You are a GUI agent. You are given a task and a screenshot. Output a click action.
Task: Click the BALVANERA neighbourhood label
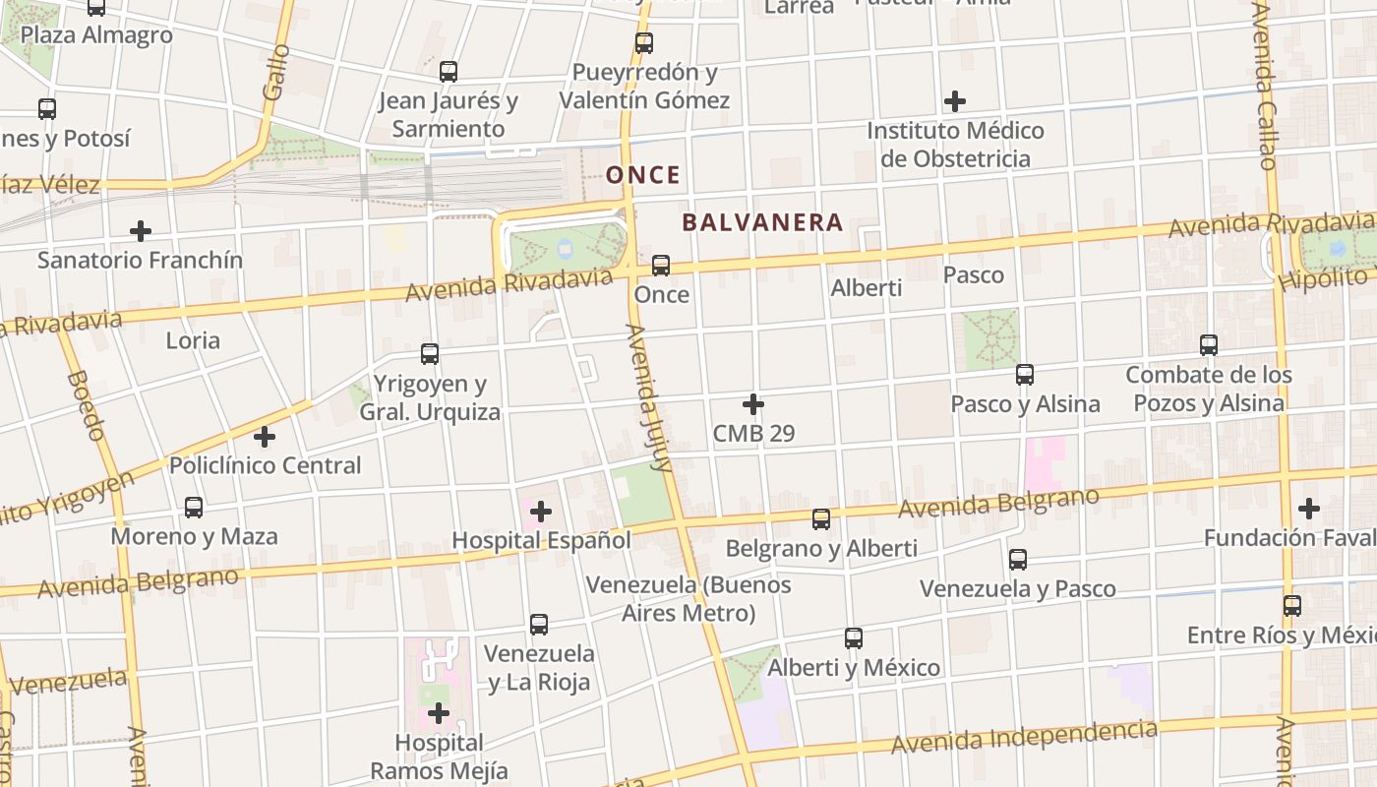point(762,222)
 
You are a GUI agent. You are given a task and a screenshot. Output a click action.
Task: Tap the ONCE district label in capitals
point(642,175)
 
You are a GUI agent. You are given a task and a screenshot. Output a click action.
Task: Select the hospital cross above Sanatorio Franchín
point(141,231)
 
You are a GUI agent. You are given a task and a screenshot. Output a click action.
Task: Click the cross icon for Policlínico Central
point(265,437)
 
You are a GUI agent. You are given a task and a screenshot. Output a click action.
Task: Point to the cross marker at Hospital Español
point(541,512)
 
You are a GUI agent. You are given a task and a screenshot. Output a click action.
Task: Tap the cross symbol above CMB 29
point(753,404)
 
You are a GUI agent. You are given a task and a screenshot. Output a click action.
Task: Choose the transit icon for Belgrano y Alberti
point(821,519)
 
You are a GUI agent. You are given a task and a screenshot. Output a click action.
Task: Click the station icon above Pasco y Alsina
point(1025,375)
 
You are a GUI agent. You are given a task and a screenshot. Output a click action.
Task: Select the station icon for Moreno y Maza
point(194,508)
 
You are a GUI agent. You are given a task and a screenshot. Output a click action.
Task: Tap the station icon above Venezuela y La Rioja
point(539,625)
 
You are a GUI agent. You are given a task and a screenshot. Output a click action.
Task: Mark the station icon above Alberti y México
point(854,638)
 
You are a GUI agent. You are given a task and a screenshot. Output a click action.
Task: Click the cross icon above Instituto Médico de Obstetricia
point(954,101)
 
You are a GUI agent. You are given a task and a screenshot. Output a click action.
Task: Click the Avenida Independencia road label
point(1024,737)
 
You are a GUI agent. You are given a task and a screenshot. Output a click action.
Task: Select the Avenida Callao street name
point(1266,89)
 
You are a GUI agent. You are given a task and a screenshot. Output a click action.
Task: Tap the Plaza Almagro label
point(96,35)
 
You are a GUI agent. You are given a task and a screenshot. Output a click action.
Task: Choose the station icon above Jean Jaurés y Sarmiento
point(449,72)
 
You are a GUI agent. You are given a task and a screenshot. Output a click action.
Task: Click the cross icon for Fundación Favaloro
point(1308,509)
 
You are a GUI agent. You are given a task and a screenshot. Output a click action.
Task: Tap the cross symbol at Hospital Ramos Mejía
point(439,713)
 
